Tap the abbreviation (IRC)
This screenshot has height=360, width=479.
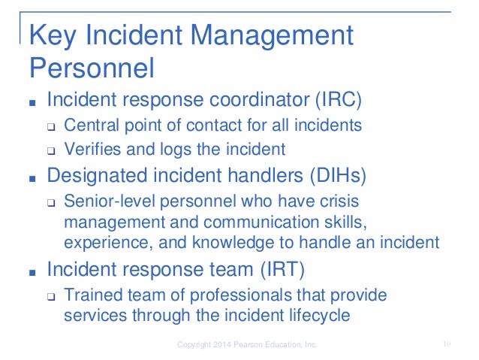321,99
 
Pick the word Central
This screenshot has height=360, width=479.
90,124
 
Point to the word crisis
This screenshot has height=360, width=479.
341,202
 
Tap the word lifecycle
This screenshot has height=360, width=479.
318,316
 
